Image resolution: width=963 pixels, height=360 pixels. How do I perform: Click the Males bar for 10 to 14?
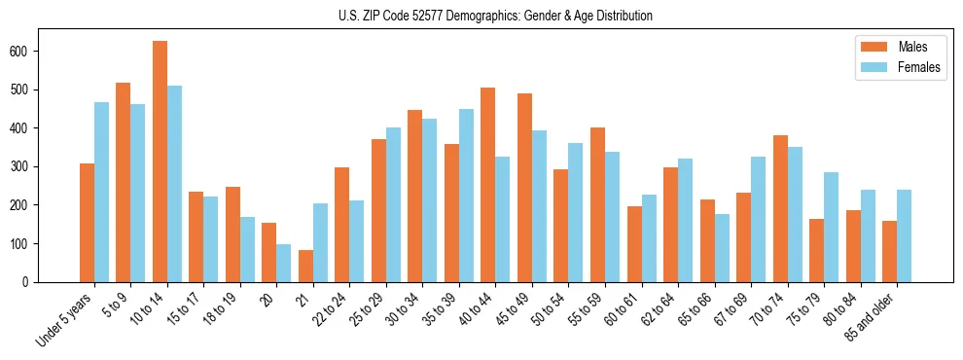pos(160,162)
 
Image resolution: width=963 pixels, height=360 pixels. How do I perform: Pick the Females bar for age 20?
pos(284,263)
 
